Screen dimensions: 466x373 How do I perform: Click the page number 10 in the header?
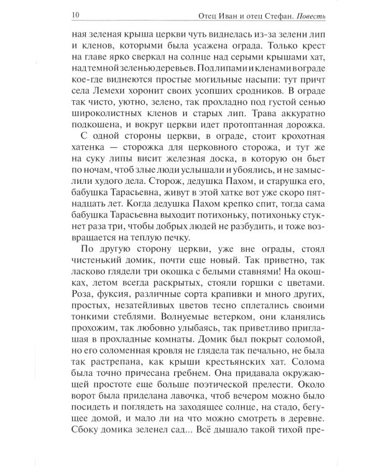[75, 14]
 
